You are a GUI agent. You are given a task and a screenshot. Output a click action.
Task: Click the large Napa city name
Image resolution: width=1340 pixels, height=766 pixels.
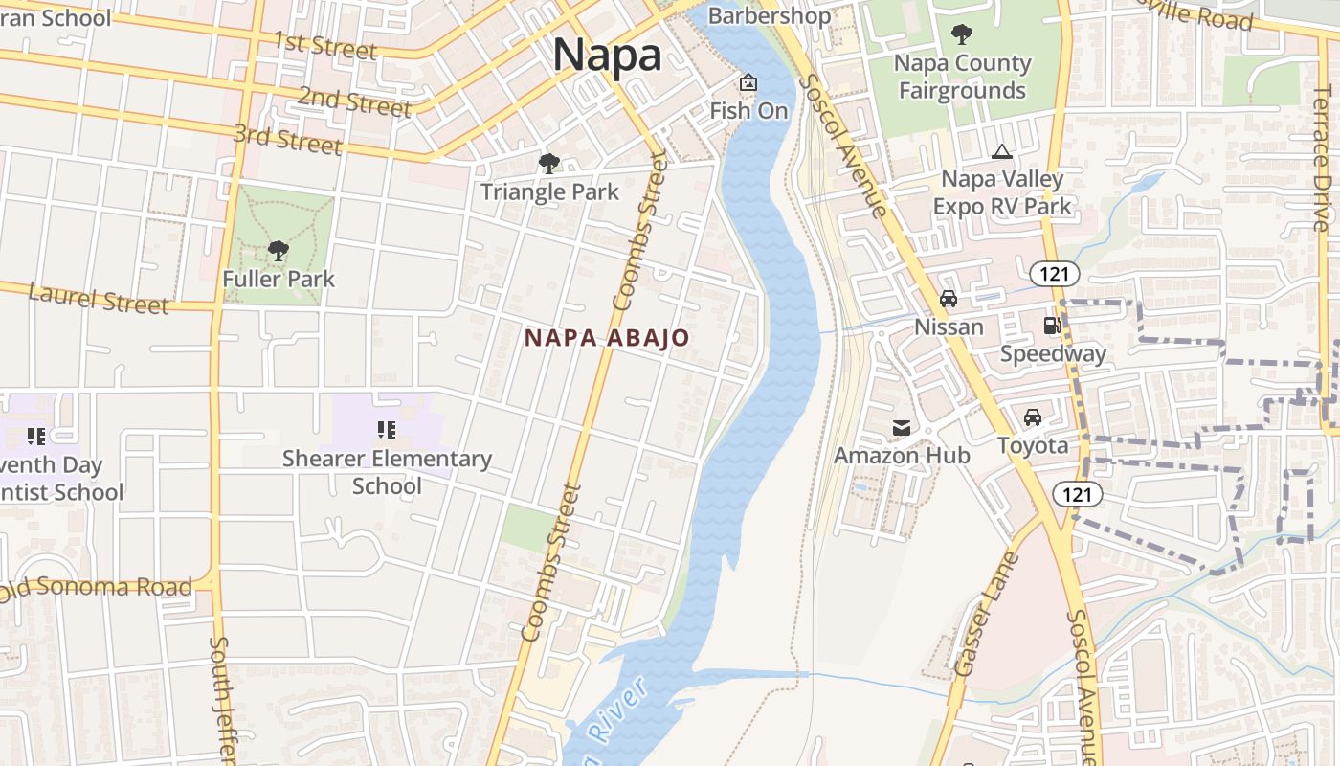click(607, 55)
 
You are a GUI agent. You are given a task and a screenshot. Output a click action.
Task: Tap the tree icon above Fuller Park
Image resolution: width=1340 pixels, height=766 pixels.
click(279, 252)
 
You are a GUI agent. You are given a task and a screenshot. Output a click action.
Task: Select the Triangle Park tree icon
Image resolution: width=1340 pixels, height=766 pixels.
click(549, 164)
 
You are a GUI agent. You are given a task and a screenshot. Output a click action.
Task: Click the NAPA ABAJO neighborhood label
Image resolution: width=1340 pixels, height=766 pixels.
click(607, 338)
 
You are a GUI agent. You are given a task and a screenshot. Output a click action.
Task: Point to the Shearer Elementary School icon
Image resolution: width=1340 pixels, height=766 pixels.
click(387, 430)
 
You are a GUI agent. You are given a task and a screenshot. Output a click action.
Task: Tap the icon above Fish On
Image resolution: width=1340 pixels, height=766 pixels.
click(748, 83)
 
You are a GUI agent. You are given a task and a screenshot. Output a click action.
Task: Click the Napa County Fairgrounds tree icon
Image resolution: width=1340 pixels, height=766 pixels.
click(962, 35)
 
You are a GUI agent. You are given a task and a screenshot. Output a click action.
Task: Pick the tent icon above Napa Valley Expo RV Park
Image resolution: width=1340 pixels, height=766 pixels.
click(1002, 151)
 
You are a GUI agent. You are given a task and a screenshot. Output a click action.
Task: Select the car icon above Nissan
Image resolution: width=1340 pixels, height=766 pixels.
click(949, 299)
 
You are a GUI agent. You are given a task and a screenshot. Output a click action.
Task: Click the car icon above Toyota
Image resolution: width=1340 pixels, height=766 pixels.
click(1033, 417)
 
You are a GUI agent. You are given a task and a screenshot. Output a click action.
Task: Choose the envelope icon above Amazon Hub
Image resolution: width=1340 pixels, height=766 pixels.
click(902, 427)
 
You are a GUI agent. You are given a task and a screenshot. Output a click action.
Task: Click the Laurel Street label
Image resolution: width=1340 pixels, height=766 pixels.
click(99, 299)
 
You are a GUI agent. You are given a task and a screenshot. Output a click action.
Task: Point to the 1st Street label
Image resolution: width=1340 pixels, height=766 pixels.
click(325, 46)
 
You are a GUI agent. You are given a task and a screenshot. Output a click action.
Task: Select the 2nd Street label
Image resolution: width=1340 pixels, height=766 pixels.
click(354, 100)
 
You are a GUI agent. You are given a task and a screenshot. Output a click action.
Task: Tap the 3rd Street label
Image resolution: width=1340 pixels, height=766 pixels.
click(287, 140)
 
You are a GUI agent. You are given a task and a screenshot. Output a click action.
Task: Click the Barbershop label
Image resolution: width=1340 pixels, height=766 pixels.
click(770, 16)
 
